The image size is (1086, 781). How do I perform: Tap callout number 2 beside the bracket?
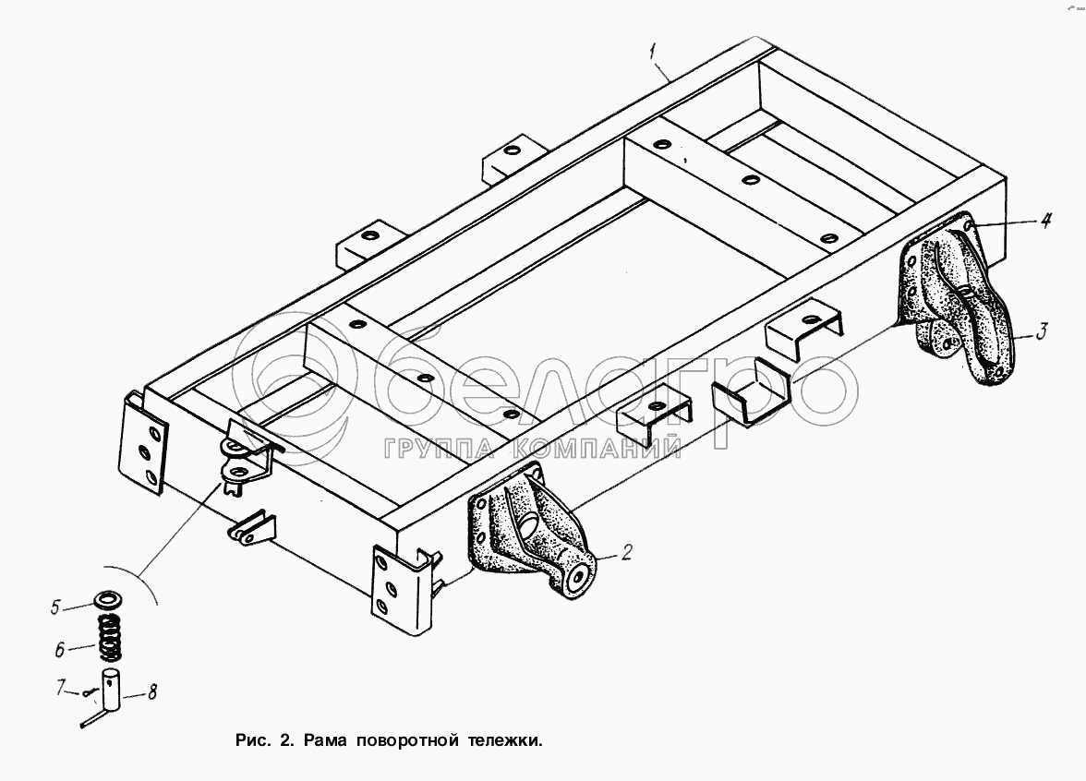pos(627,553)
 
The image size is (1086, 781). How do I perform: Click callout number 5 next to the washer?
pos(55,607)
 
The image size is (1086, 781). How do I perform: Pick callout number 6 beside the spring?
pos(59,650)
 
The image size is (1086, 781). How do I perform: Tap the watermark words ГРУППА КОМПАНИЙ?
pos(531,450)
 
